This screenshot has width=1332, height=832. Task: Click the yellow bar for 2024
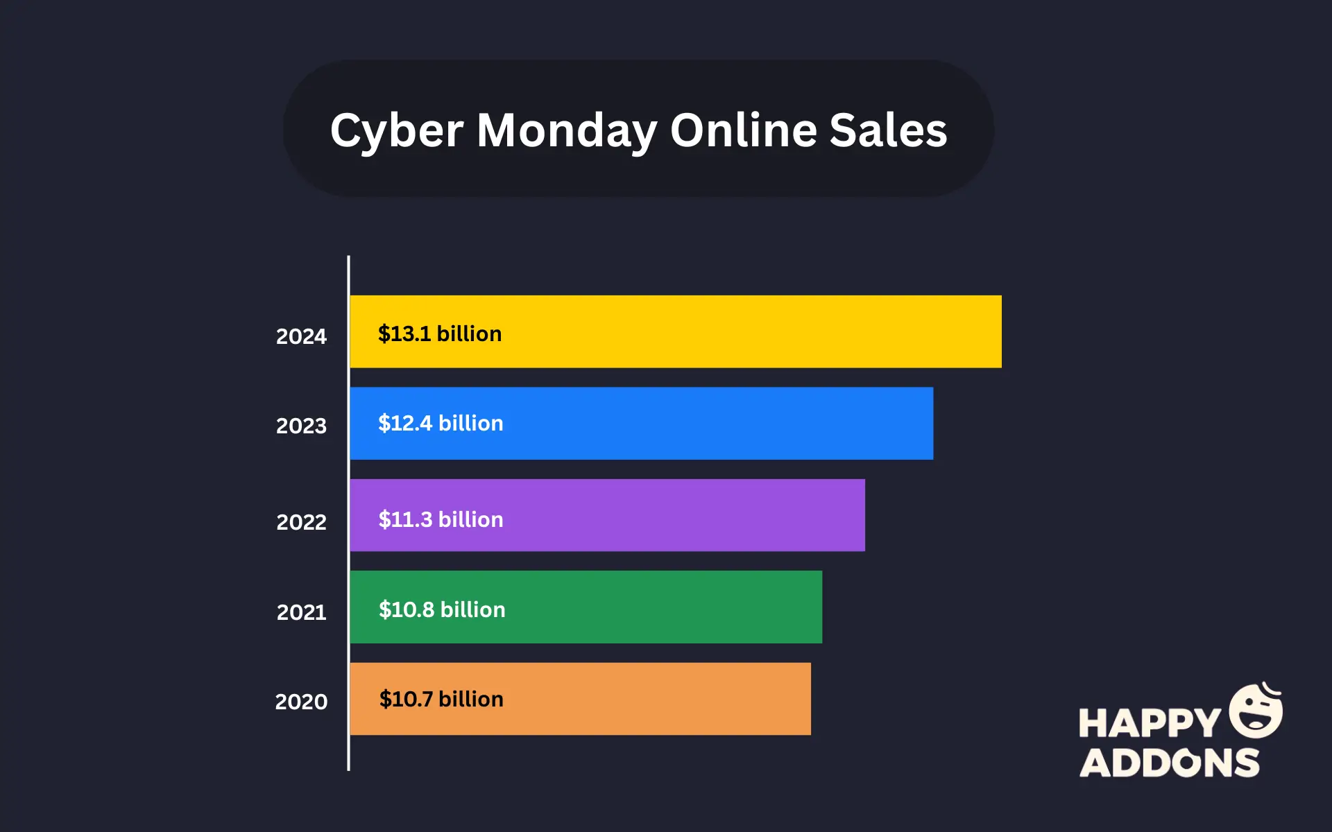(x=728, y=331)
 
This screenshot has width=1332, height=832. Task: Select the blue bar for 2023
(x=694, y=423)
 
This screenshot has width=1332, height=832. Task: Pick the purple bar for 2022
(x=659, y=515)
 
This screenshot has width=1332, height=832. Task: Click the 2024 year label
(x=301, y=336)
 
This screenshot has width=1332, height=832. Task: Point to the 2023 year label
(x=301, y=426)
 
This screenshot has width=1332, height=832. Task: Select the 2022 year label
(x=301, y=522)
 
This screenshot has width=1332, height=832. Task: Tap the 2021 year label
(x=301, y=612)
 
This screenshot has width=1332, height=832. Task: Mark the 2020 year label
(x=301, y=702)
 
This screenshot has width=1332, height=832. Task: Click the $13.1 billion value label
(x=440, y=333)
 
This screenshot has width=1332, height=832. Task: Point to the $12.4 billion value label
(x=441, y=423)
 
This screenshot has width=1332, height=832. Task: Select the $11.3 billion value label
(x=441, y=519)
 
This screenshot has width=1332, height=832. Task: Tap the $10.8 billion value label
(x=442, y=609)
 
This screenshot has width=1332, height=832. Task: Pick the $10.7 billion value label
(x=441, y=699)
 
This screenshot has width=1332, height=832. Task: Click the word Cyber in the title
(x=396, y=131)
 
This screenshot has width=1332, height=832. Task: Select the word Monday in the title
(x=566, y=131)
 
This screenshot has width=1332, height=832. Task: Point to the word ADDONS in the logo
(x=1170, y=763)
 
